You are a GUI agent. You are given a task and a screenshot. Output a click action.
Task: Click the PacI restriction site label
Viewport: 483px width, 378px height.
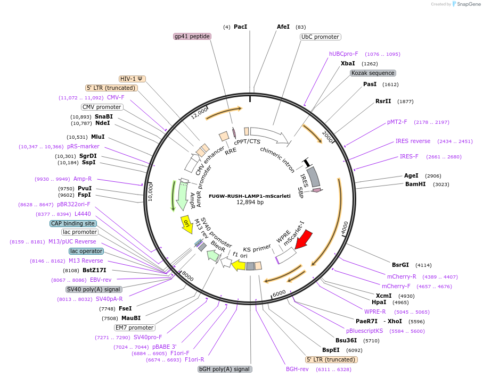pyautogui.click(x=240, y=27)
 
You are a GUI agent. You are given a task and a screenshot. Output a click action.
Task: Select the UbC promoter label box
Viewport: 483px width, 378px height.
pyautogui.click(x=320, y=37)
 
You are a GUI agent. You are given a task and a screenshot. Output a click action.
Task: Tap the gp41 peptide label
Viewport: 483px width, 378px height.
pyautogui.click(x=192, y=36)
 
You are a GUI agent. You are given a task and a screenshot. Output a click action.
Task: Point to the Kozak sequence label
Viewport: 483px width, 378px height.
pyautogui.click(x=373, y=73)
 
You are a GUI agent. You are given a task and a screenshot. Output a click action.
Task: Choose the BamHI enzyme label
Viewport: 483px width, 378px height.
pyautogui.click(x=415, y=184)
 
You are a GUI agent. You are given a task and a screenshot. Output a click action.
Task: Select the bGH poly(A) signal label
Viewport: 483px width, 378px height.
pyautogui.click(x=224, y=369)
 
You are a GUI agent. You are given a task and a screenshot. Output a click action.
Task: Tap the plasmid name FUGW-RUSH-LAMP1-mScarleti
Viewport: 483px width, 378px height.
pyautogui.click(x=250, y=196)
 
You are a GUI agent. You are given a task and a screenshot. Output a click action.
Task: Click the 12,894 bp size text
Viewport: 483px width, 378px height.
pyautogui.click(x=250, y=202)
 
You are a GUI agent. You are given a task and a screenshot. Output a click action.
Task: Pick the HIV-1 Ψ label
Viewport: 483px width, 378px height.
pyautogui.click(x=131, y=78)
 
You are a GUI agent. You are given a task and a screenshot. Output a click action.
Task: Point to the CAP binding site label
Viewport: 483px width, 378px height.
pyautogui.click(x=73, y=223)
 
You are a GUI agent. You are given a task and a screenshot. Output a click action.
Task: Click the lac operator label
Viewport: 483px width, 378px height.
pyautogui.click(x=86, y=251)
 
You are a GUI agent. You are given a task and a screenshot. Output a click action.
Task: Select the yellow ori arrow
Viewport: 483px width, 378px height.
pyautogui.click(x=186, y=223)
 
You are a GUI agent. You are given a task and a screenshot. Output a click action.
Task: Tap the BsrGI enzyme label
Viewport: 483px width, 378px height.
pyautogui.click(x=400, y=264)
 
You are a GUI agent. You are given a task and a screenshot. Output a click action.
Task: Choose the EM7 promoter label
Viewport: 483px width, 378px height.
pyautogui.click(x=135, y=327)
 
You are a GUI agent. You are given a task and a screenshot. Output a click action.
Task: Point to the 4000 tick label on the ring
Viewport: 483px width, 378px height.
pyautogui.click(x=344, y=226)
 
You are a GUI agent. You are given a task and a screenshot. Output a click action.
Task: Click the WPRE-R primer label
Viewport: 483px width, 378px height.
pyautogui.click(x=375, y=312)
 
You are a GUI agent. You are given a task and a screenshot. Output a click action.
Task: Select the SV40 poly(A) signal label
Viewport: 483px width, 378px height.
pyautogui.click(x=94, y=289)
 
